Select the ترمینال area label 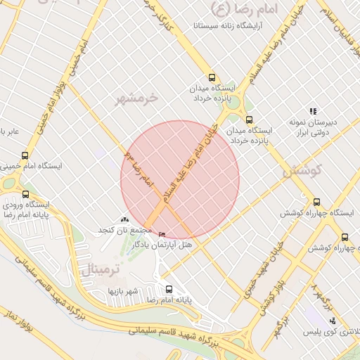(101, 269)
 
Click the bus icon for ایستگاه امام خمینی (25, 155)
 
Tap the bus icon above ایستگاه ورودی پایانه (25, 194)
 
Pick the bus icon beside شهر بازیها (168, 288)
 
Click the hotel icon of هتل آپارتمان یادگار (162, 234)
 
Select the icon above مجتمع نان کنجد (124, 221)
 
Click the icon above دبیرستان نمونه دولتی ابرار (313, 111)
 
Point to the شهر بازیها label (124, 290)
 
